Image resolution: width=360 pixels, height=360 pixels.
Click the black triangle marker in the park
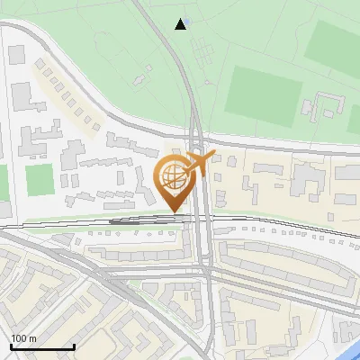[x=182, y=24]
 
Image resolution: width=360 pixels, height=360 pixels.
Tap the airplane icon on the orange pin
[x=200, y=164]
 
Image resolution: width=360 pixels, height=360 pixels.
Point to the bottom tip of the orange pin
[x=176, y=211]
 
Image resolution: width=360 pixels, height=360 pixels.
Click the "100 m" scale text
[x=23, y=338]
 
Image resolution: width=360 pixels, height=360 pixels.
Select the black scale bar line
[x=42, y=346]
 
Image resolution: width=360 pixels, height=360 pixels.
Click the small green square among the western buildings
[x=39, y=180]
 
